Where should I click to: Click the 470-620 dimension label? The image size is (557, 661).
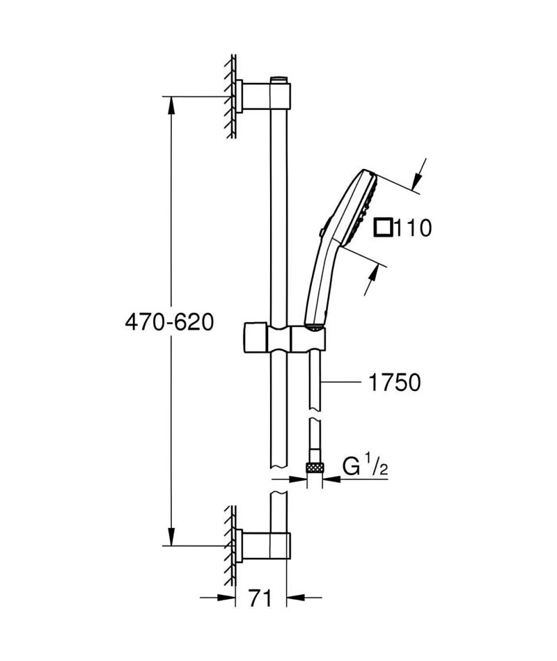coord(169,323)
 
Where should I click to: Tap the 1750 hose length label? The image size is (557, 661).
coord(395,383)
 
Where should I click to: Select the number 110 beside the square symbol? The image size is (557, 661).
coord(413,228)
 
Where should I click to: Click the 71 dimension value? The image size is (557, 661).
coord(260,598)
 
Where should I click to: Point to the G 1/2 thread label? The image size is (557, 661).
coord(365,466)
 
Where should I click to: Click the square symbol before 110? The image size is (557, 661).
coord(383,228)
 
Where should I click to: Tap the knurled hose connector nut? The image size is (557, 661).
coord(315,467)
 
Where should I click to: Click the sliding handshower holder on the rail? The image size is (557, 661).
coord(284,338)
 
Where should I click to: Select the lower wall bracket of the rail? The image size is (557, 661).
coord(263,547)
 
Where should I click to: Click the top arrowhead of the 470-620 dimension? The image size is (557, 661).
coord(171,105)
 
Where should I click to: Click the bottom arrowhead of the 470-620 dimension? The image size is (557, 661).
coord(171,537)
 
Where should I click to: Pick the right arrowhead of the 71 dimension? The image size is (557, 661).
coord(295,598)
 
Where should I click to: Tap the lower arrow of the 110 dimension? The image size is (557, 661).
coord(370,279)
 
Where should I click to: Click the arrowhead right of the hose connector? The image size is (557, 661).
coord(331,479)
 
